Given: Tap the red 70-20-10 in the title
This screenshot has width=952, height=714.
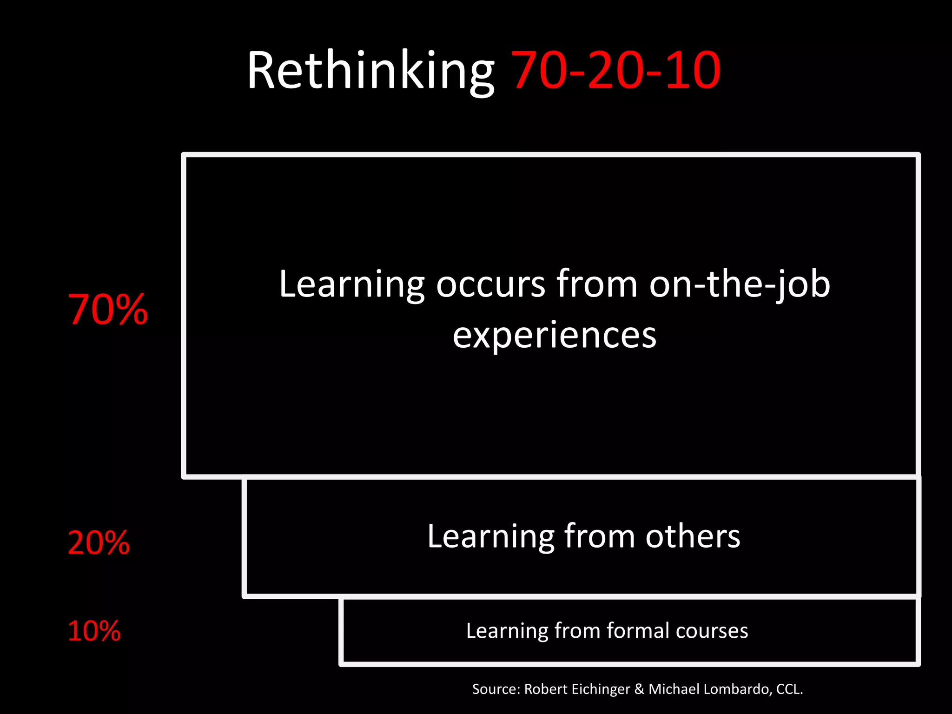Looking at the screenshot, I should [x=615, y=71].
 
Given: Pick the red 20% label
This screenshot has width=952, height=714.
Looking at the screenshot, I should [x=99, y=543].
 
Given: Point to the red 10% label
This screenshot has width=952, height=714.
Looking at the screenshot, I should [x=94, y=631].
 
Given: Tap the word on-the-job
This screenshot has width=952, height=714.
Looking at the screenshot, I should [x=739, y=284].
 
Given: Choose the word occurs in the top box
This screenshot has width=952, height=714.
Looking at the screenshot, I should [x=490, y=284].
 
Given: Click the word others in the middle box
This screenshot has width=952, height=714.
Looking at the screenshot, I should [x=693, y=536].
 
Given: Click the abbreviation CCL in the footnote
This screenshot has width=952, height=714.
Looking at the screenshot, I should [x=789, y=689].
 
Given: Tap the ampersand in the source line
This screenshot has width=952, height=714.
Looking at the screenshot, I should [x=639, y=689].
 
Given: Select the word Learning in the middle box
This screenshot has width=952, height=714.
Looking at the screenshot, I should [x=490, y=536].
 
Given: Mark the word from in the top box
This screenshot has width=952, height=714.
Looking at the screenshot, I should [x=597, y=284].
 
